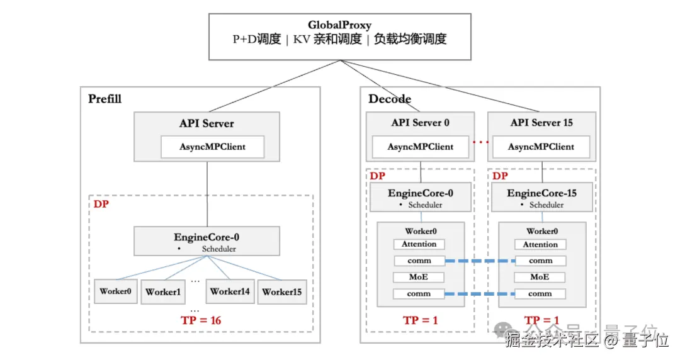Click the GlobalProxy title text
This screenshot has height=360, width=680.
pyautogui.click(x=339, y=25)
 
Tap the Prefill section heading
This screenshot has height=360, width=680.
pyautogui.click(x=105, y=99)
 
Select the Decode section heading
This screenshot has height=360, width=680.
pyautogui.click(x=390, y=99)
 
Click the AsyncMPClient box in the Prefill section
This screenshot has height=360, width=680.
pyautogui.click(x=212, y=147)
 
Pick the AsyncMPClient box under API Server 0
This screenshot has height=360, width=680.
pyautogui.click(x=421, y=147)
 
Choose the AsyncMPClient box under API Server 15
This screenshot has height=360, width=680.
pyautogui.click(x=541, y=147)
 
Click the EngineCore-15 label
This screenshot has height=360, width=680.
pyautogui.click(x=541, y=193)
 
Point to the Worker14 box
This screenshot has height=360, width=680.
pyautogui.click(x=230, y=291)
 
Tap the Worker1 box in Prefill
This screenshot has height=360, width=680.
pyautogui.click(x=163, y=292)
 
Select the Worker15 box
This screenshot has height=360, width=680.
pyautogui.click(x=282, y=292)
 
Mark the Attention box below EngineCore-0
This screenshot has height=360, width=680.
pyautogui.click(x=419, y=244)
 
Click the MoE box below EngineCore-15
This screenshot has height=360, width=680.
pyautogui.click(x=540, y=277)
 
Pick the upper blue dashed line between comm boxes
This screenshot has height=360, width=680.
pyautogui.click(x=480, y=261)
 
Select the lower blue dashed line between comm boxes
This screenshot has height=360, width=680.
pyautogui.click(x=480, y=294)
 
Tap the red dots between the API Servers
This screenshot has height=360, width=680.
pyautogui.click(x=480, y=142)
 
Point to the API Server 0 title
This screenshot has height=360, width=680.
pyautogui.click(x=421, y=123)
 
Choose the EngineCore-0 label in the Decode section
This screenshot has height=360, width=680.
pyautogui.click(x=420, y=193)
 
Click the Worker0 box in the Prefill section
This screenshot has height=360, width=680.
pyautogui.click(x=116, y=291)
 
